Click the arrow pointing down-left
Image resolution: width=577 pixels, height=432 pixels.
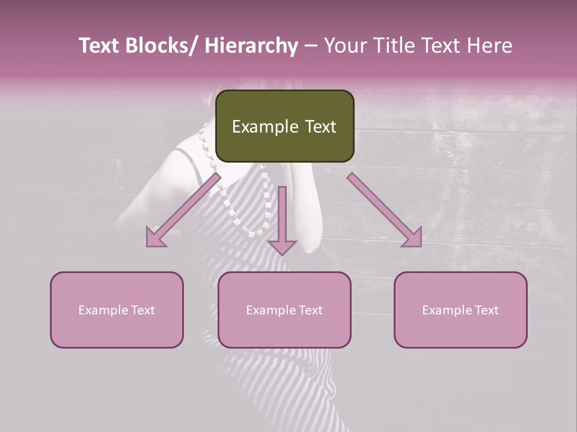[184, 210]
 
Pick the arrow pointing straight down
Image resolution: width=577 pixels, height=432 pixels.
[282, 216]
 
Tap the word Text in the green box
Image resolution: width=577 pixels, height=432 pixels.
[320, 127]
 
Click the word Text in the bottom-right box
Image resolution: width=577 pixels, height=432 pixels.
[486, 310]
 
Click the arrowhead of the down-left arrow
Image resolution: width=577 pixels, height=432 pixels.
[155, 238]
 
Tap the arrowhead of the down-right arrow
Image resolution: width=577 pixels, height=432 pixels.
[412, 238]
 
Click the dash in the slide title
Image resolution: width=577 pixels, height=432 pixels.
[311, 46]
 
